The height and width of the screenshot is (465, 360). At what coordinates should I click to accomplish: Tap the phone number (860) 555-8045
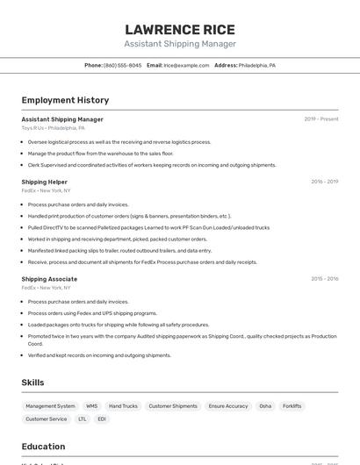[122, 65]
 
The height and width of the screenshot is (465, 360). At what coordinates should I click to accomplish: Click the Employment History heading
[65, 100]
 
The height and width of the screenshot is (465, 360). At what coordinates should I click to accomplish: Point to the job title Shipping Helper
[45, 182]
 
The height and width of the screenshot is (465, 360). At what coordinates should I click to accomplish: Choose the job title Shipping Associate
[49, 279]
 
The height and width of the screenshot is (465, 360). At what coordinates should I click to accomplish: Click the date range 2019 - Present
[321, 119]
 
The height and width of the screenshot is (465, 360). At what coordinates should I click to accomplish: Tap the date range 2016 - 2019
[324, 182]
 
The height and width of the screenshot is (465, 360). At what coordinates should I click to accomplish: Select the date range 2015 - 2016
[324, 279]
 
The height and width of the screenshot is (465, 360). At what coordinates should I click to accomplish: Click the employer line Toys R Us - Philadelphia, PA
[54, 128]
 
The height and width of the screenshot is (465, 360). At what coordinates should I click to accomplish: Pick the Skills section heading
[33, 383]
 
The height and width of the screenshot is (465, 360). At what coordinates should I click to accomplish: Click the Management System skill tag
[50, 406]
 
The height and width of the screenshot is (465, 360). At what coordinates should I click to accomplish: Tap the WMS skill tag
[92, 406]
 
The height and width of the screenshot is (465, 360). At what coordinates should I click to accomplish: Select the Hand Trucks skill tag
[124, 406]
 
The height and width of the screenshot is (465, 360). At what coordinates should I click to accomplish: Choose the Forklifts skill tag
[292, 406]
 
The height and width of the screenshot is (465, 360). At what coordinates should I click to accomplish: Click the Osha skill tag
[265, 406]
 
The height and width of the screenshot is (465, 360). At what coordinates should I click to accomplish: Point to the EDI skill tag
[102, 419]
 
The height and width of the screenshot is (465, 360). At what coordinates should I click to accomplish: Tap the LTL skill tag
[83, 419]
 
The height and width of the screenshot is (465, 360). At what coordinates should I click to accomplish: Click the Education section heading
[44, 447]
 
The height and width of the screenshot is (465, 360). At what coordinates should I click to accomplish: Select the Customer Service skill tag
[47, 419]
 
